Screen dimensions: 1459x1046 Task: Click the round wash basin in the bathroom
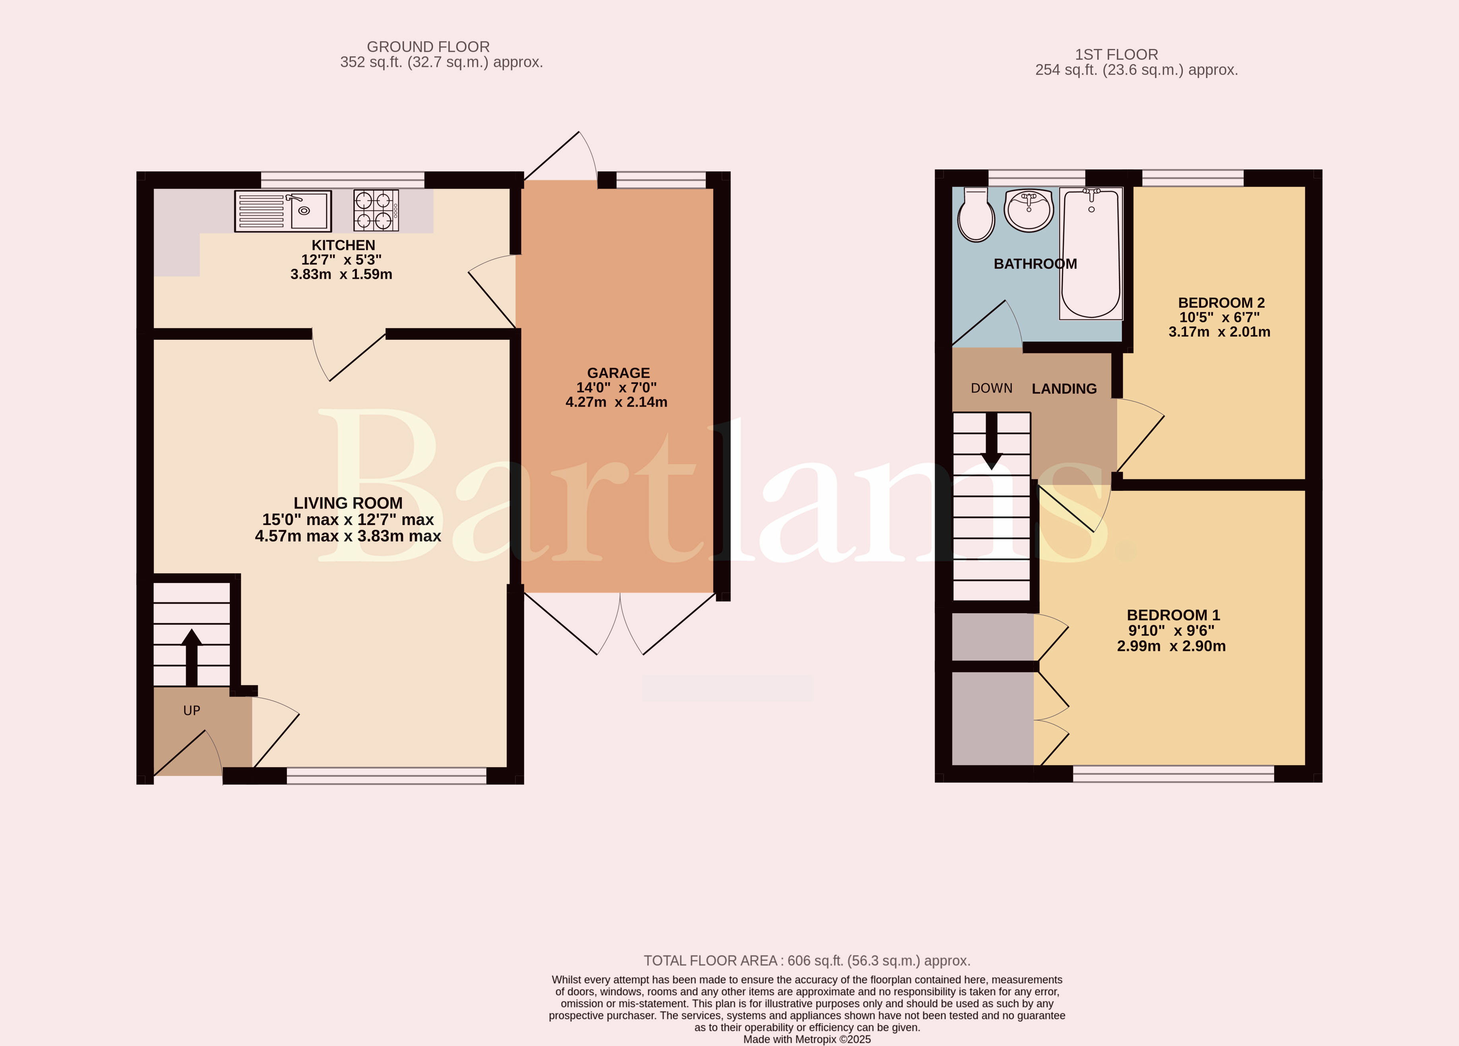click(x=1029, y=210)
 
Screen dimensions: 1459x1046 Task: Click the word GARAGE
click(x=618, y=373)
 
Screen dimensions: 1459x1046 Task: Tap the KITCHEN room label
click(x=343, y=245)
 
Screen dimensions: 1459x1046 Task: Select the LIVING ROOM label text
click(x=348, y=503)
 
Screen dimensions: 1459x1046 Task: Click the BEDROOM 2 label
click(x=1221, y=303)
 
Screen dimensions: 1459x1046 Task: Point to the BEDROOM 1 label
click(x=1173, y=615)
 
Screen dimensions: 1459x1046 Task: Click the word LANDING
click(x=1064, y=389)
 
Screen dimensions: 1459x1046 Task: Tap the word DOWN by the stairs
click(x=991, y=388)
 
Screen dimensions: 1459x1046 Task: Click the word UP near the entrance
click(x=192, y=711)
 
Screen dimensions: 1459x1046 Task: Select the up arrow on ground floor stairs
click(x=192, y=657)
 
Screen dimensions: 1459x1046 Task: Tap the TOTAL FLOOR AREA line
click(x=807, y=961)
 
